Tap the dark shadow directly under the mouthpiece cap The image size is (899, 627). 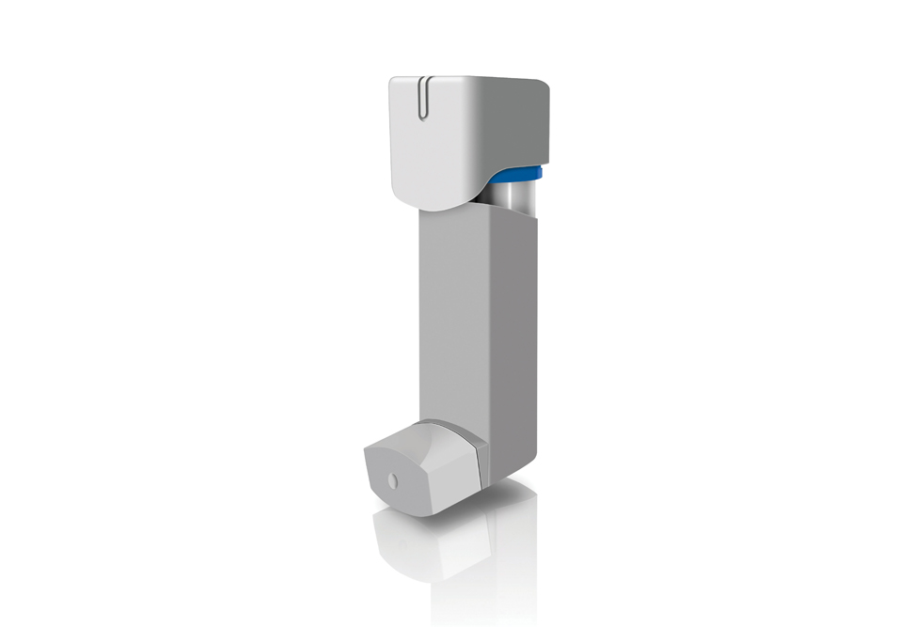(442, 515)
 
